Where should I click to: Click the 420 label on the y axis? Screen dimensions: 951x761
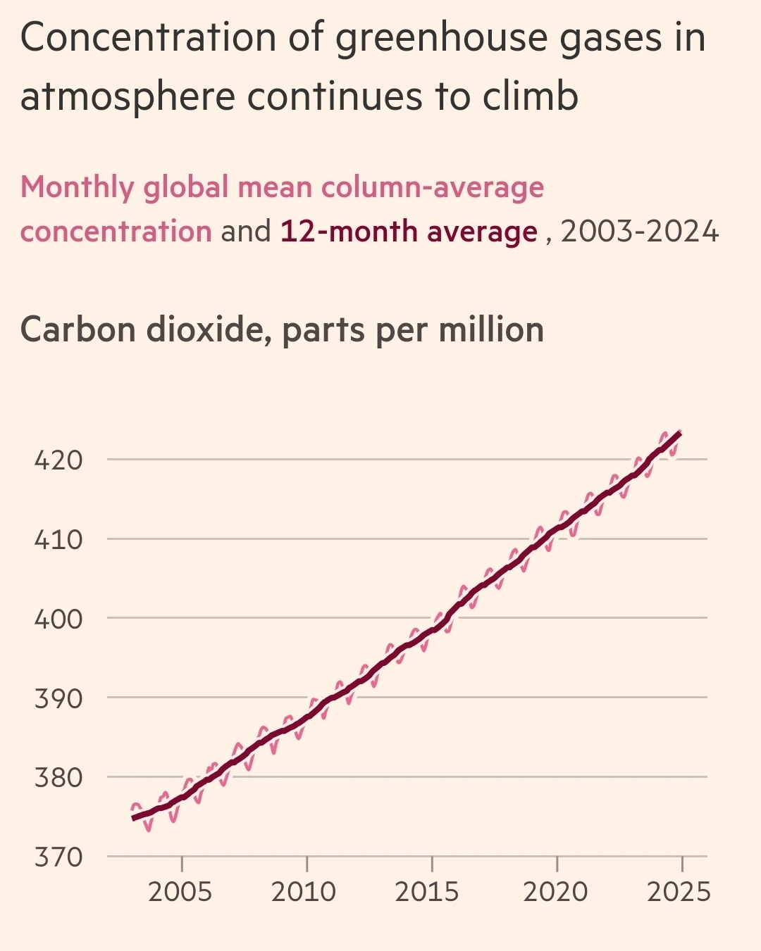coord(58,460)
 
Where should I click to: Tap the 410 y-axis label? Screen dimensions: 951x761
coord(58,540)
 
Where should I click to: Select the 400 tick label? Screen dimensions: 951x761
coord(58,619)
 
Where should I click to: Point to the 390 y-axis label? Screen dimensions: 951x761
coord(58,699)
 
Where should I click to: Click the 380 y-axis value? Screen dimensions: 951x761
coord(58,778)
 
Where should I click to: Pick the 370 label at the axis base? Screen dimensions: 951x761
coord(58,857)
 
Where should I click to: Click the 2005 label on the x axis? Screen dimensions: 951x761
coord(180,892)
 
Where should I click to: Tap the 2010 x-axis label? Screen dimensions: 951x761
coord(304,892)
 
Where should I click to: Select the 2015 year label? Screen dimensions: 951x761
coord(427,892)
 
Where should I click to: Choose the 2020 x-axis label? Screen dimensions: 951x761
coord(555,892)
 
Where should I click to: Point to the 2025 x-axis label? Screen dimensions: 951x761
coord(679,892)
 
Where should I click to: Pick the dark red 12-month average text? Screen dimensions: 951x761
coord(409,232)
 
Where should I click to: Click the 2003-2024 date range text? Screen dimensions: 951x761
coord(640,232)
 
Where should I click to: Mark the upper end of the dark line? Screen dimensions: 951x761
coord(679,434)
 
